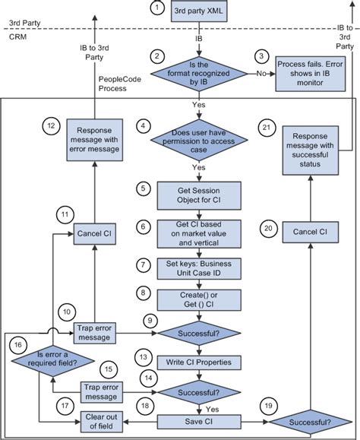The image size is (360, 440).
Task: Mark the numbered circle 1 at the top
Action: click(156, 9)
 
